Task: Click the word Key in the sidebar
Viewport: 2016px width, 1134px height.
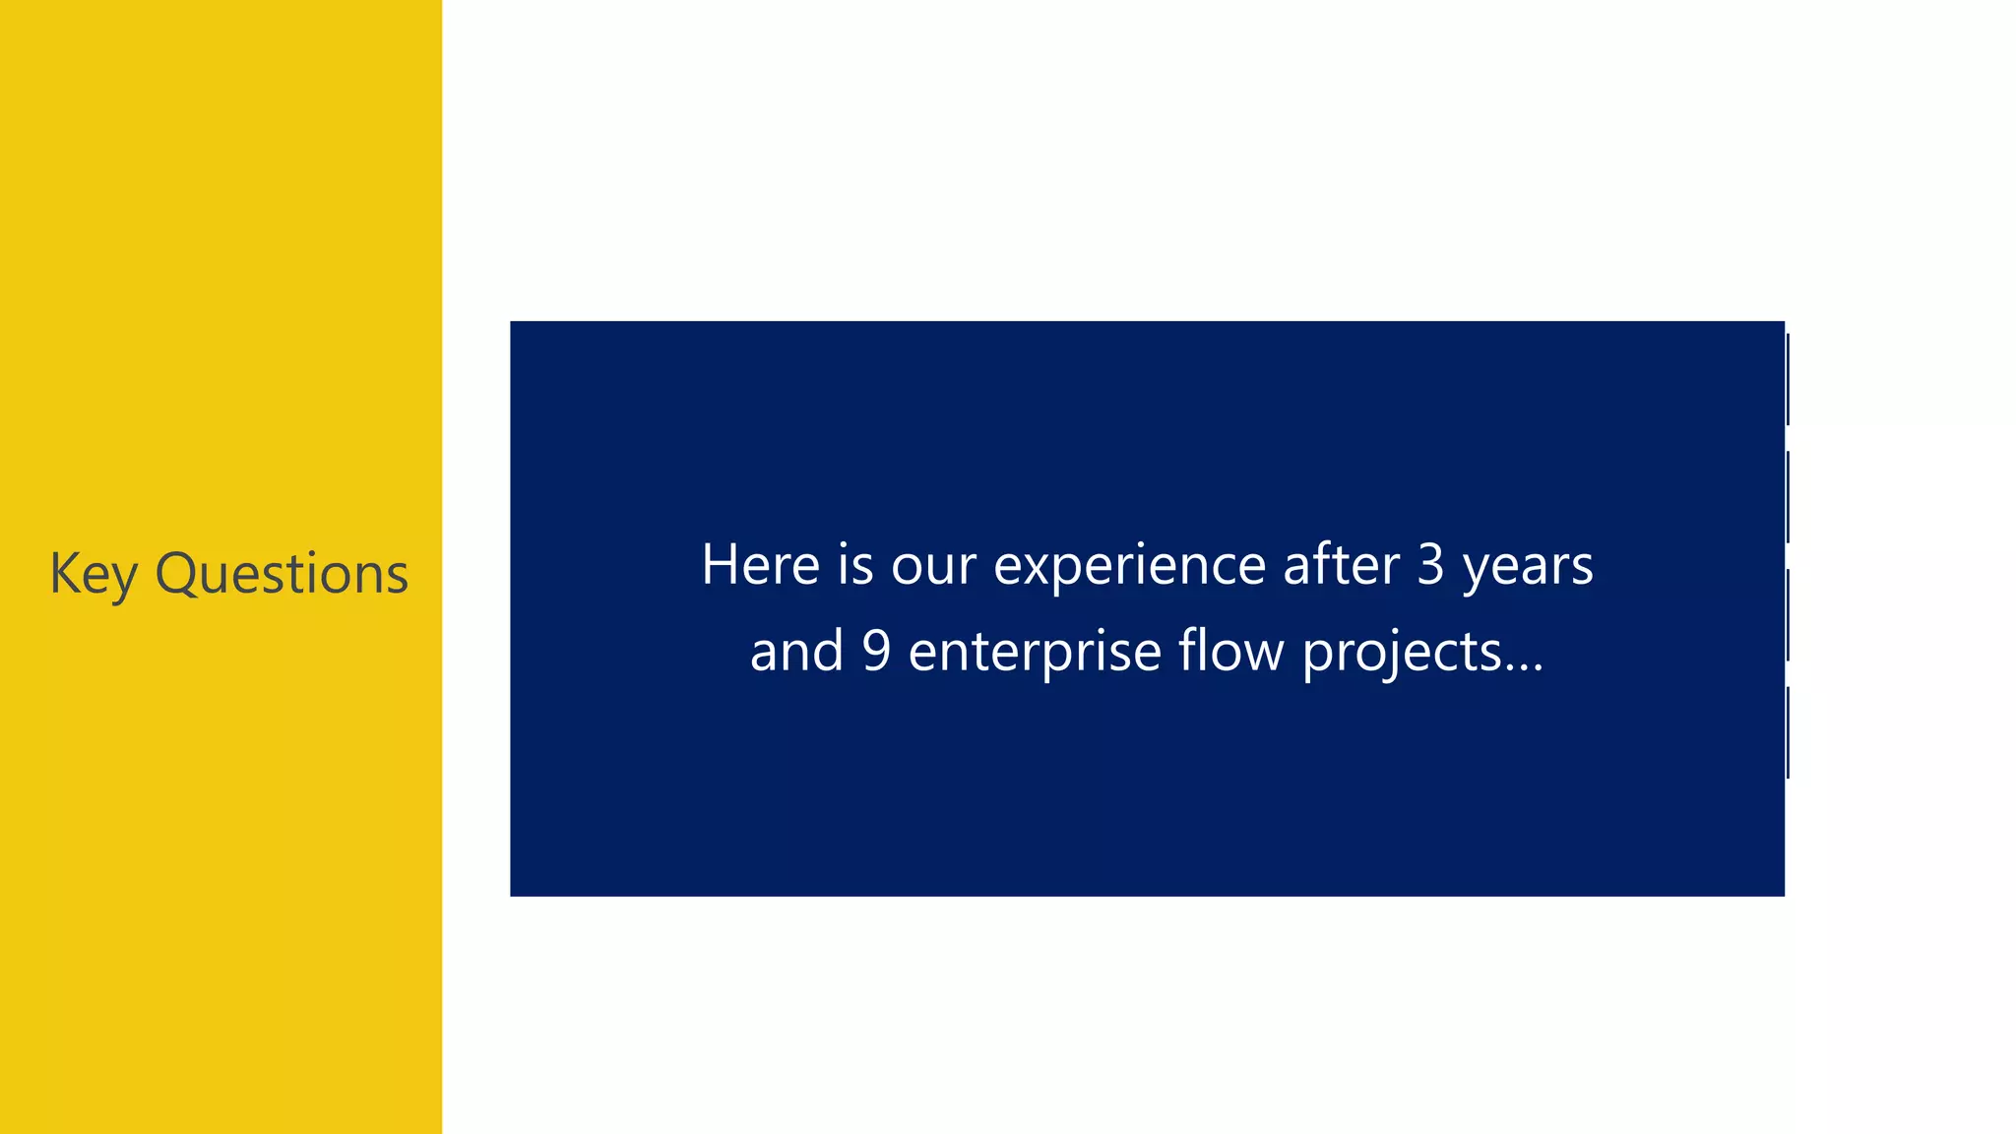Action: [93, 574]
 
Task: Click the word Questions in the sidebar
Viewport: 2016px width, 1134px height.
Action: [282, 574]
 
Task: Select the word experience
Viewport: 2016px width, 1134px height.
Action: [1129, 567]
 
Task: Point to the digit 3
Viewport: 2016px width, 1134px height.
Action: [1430, 565]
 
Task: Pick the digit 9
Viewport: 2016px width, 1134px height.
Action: [876, 652]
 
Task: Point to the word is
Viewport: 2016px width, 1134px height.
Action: [855, 565]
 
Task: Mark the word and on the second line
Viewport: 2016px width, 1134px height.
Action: [796, 652]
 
